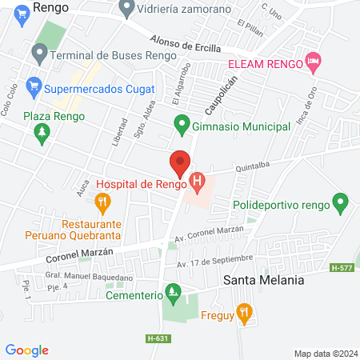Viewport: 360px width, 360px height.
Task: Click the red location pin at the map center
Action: point(180,163)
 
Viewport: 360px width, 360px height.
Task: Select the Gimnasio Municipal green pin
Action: point(182,125)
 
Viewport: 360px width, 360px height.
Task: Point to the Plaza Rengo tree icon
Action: point(42,134)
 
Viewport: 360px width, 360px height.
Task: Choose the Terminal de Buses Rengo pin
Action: point(38,54)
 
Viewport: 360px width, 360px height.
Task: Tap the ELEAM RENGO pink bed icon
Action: point(314,62)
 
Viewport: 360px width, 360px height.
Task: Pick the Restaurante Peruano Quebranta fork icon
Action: point(102,202)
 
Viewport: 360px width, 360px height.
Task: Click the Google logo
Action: point(26,350)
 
